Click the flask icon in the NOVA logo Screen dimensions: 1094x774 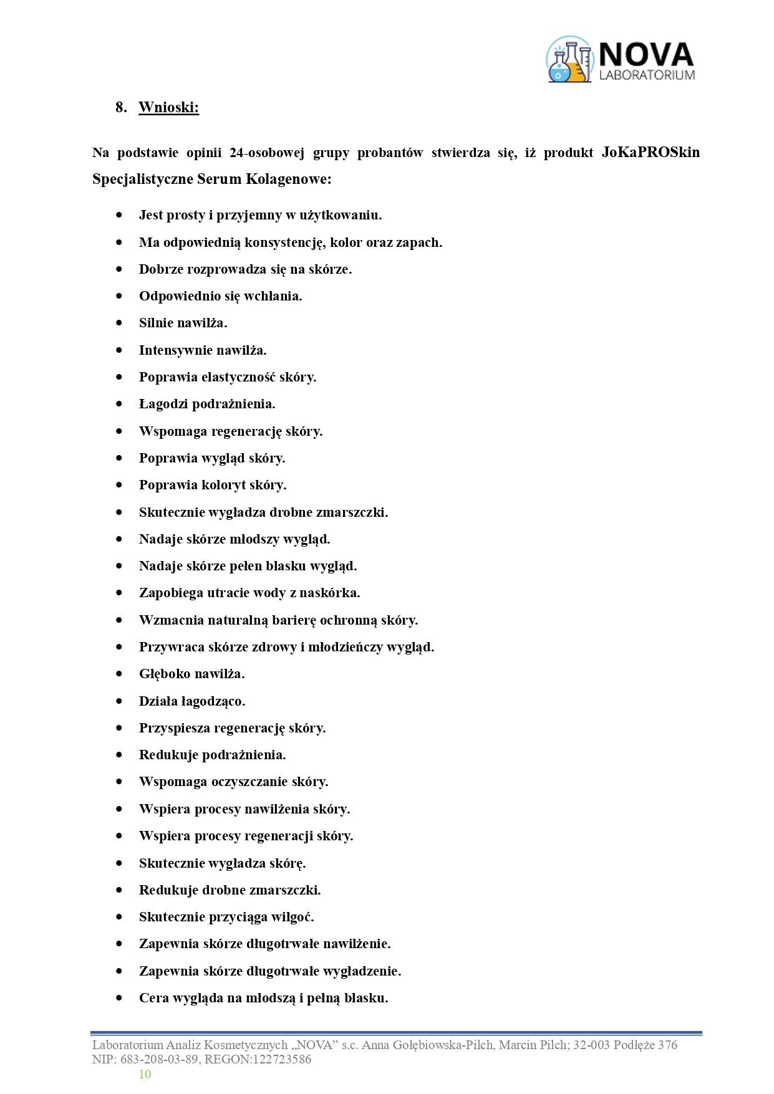tap(569, 60)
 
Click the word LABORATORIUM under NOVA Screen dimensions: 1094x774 tap(646, 75)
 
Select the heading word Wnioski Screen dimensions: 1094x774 tap(168, 107)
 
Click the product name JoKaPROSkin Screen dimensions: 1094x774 tap(651, 153)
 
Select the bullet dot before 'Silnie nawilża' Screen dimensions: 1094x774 tap(119, 323)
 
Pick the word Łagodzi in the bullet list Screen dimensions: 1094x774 tap(163, 404)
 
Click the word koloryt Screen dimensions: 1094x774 tap(223, 485)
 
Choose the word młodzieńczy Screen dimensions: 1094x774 tap(346, 647)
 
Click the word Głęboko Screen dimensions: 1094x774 tap(164, 674)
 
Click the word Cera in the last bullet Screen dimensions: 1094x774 tap(153, 998)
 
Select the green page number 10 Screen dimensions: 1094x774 tap(145, 1074)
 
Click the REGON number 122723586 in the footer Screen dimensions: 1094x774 tap(281, 1059)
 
